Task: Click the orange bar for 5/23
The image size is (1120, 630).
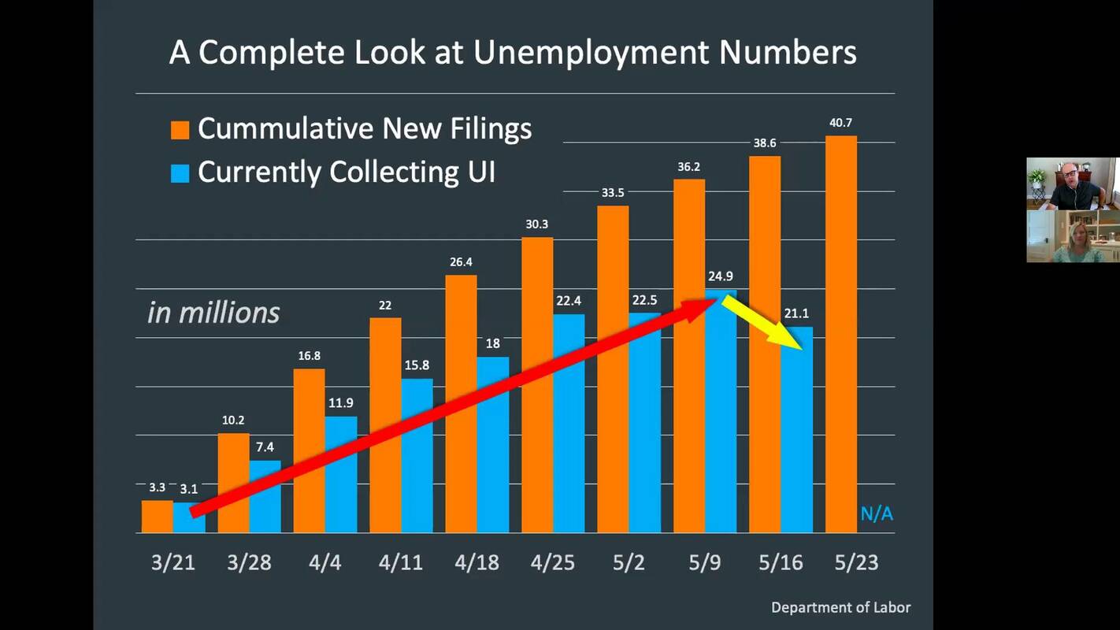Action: click(840, 335)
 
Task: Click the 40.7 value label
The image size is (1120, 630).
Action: click(840, 123)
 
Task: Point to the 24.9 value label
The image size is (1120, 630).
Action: click(721, 276)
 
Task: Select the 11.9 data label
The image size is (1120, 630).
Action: click(340, 403)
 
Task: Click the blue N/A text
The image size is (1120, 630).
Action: click(877, 514)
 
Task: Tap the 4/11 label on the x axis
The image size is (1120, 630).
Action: click(400, 562)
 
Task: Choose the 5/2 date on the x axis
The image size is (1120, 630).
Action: click(629, 562)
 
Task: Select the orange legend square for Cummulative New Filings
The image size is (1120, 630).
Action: click(180, 129)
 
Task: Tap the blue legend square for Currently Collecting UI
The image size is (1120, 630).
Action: click(180, 172)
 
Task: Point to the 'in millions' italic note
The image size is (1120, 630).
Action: click(213, 313)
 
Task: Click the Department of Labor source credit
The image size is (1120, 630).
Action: click(840, 607)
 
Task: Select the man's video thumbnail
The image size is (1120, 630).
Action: click(1073, 183)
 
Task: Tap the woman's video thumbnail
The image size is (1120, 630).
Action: click(1073, 236)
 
